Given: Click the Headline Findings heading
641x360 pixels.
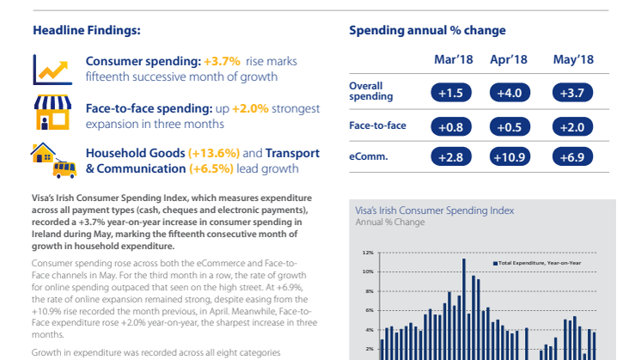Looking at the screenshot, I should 87,31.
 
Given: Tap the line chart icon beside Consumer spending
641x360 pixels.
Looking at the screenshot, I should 51,69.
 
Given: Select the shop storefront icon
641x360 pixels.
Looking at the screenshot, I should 51,113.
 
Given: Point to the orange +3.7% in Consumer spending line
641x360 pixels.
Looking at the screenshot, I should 222,62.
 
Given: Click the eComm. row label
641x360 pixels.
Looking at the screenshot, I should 367,156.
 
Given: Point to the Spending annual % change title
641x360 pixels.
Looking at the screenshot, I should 427,31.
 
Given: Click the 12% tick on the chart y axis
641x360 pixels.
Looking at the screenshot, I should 367,253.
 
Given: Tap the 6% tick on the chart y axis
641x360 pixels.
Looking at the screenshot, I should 367,311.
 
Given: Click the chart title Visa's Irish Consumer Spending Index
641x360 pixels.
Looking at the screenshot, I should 435,210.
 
